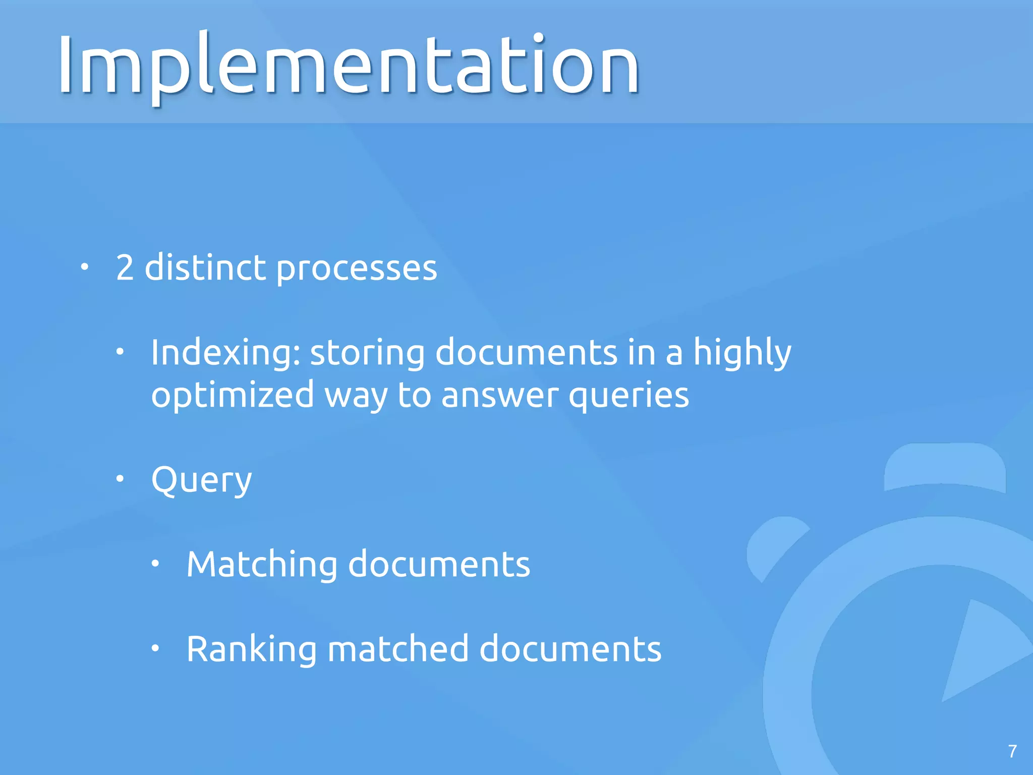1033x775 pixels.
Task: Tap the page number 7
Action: click(1012, 751)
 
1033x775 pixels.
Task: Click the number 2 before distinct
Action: click(125, 267)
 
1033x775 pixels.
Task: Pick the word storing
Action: click(367, 353)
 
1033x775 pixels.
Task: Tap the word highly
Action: click(742, 353)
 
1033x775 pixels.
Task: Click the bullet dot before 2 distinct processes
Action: click(85, 267)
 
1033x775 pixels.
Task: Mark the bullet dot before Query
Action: click(120, 479)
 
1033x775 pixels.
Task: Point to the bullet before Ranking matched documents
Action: click(155, 648)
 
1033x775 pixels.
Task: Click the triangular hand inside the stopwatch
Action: click(979, 651)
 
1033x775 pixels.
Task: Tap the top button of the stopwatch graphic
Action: click(945, 467)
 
